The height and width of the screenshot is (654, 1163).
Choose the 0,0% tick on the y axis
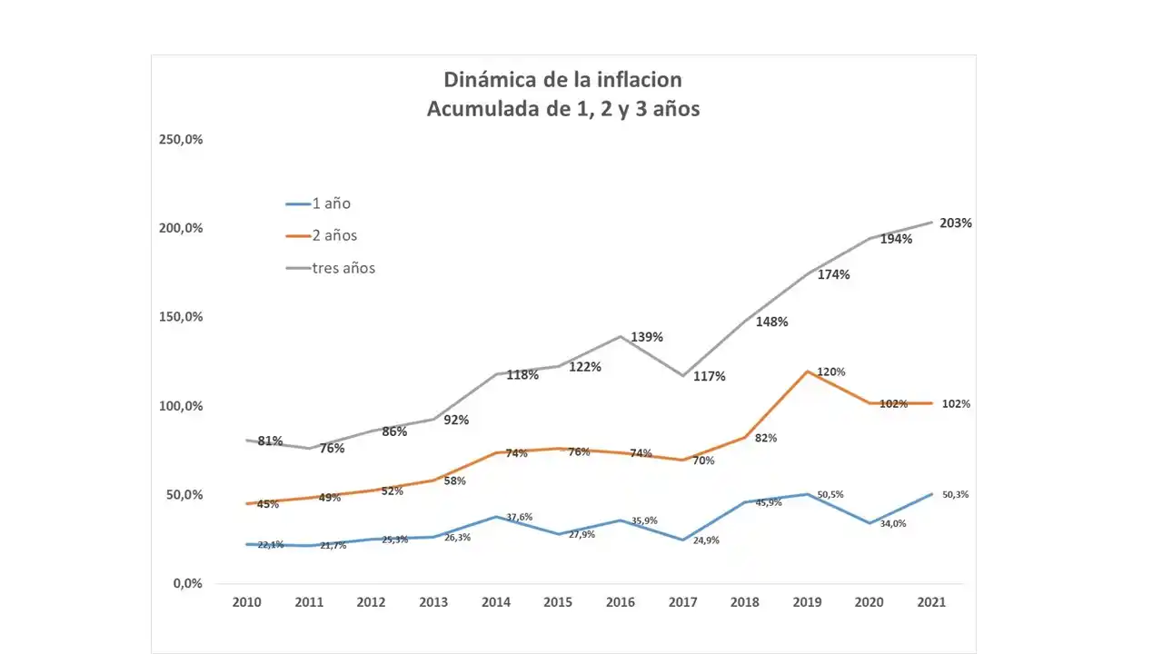pos(187,583)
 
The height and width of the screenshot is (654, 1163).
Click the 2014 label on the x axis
pos(496,602)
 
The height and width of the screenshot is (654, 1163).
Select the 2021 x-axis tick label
pos(931,602)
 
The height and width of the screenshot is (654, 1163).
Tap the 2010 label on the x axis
pos(246,602)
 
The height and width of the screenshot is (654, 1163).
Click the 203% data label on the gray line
pos(956,223)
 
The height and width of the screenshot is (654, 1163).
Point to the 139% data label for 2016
pos(647,337)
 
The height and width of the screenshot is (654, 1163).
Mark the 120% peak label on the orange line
pos(830,372)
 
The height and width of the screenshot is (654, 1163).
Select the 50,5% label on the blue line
pos(830,495)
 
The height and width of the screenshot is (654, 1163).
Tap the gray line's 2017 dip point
pos(681,375)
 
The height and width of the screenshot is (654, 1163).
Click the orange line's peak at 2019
pos(807,371)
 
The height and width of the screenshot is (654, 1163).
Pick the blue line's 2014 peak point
pos(495,517)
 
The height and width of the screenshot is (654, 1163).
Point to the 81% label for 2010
pos(270,441)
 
